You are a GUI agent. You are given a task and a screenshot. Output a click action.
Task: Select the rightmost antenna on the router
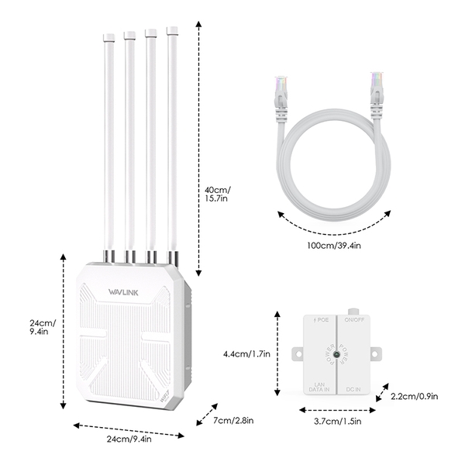click(x=173, y=139)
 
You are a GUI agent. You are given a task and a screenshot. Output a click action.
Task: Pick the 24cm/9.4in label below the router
click(x=129, y=439)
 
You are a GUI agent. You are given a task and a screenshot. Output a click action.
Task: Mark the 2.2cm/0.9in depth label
click(x=414, y=397)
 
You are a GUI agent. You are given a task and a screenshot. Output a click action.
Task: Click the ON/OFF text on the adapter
click(x=354, y=319)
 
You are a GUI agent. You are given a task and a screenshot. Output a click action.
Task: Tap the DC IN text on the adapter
click(x=353, y=386)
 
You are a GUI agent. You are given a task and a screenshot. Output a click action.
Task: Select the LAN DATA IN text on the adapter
click(x=319, y=383)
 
